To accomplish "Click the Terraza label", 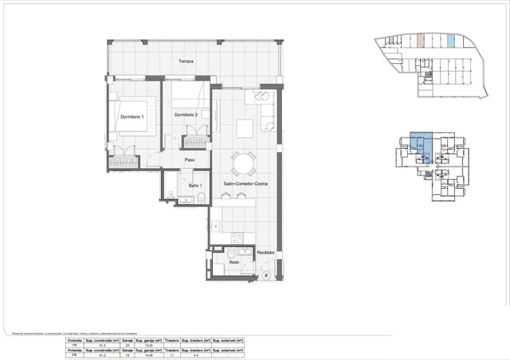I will [186, 61].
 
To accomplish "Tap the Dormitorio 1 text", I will [132, 117].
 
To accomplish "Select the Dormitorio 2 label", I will [186, 115].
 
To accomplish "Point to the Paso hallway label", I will [190, 160].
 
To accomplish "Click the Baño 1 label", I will [194, 186].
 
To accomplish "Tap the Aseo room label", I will [234, 261].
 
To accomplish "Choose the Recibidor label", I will [265, 252].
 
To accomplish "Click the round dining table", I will [243, 164].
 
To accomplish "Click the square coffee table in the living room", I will [245, 128].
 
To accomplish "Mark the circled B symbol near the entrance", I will [265, 275].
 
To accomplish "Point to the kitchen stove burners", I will [236, 237].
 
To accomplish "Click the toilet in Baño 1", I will [203, 196].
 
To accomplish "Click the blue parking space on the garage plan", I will [451, 41].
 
